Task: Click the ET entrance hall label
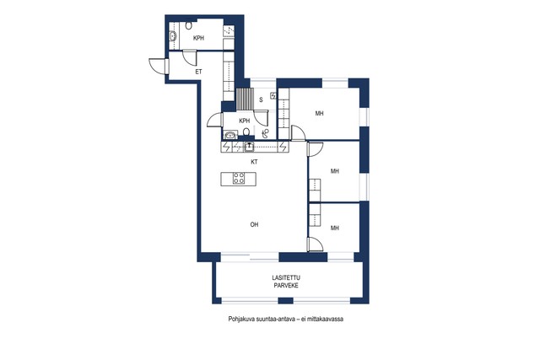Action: (198, 72)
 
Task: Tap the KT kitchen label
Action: (254, 162)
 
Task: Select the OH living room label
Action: (254, 225)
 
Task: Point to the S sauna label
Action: (261, 99)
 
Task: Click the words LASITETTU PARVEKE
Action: (286, 282)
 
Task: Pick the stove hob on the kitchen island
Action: (239, 178)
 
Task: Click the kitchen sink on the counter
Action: (250, 147)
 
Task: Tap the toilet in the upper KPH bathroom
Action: (189, 25)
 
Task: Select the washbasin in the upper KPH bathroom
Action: (173, 35)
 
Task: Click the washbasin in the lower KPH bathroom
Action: (230, 135)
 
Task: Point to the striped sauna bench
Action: (245, 99)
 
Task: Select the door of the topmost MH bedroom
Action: (298, 133)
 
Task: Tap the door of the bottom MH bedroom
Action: (316, 244)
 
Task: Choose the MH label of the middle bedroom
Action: (335, 171)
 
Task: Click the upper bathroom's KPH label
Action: (198, 38)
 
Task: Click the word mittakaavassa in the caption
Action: (327, 319)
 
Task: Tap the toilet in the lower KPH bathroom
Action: (246, 132)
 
